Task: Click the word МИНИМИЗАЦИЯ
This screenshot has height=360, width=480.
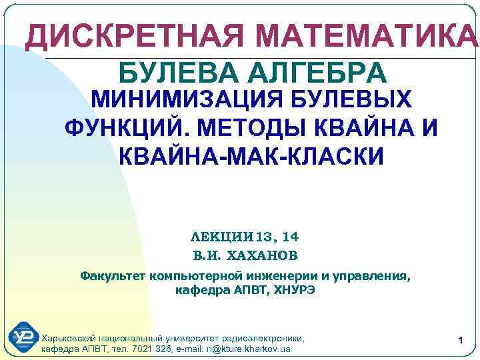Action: pyautogui.click(x=181, y=100)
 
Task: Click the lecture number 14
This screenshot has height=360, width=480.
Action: pyautogui.click(x=291, y=237)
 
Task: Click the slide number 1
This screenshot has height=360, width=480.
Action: pyautogui.click(x=460, y=341)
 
